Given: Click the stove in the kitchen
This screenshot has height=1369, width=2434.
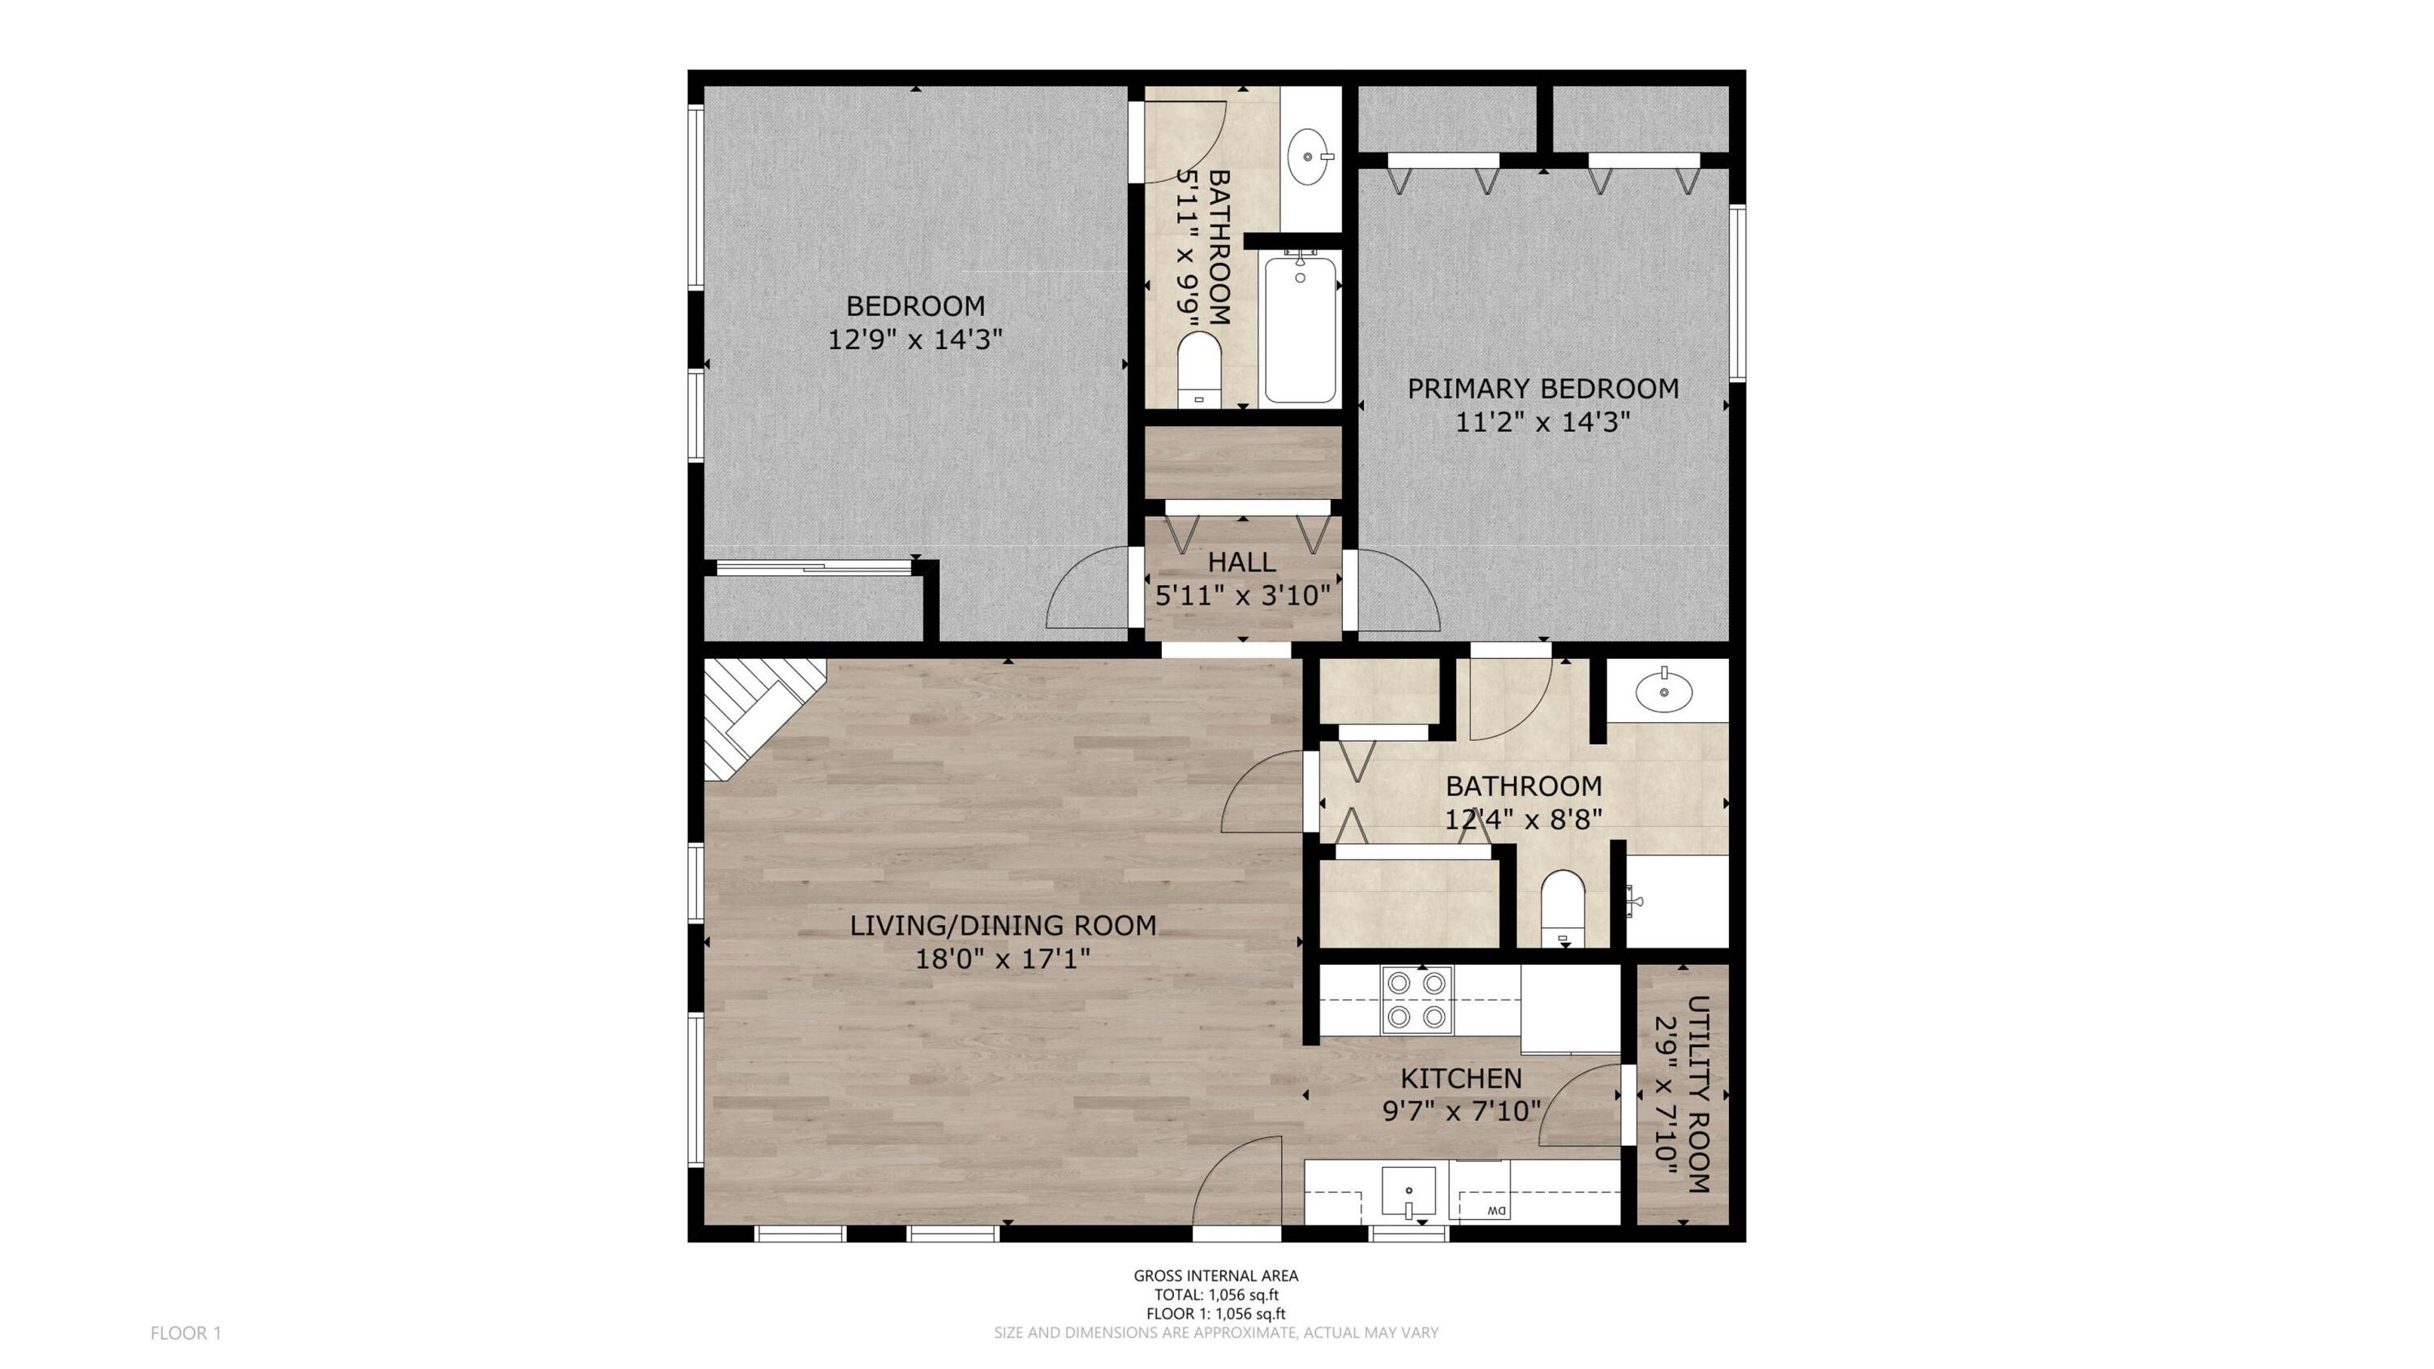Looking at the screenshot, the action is [x=1413, y=1000].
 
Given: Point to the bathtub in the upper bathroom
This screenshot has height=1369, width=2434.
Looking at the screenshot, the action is [x=1300, y=328].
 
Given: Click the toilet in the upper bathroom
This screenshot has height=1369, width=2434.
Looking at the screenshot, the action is [x=1200, y=369].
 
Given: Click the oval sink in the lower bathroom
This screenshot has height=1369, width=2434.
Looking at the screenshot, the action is [x=1663, y=690].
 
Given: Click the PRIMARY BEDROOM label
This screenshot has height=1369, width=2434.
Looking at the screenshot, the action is [x=1543, y=389].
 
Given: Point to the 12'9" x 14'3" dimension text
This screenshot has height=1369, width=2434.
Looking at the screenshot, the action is [x=914, y=339].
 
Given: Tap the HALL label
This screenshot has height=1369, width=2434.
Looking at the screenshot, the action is [x=1241, y=562].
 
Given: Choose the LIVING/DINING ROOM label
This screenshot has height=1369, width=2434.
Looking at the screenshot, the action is [x=1003, y=925].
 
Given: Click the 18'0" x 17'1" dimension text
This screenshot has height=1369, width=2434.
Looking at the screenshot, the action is [x=1003, y=959].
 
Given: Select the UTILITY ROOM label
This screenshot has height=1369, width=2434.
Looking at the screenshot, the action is [x=1698, y=1093].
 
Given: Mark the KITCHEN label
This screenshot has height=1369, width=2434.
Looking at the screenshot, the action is [x=1460, y=1078].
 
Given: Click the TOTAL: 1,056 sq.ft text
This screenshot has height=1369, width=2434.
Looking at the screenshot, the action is [x=1216, y=1295].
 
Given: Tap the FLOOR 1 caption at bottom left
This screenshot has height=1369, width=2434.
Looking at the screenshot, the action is [x=186, y=1333].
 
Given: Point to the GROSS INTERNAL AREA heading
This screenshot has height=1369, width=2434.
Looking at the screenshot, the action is [x=1216, y=1276].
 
